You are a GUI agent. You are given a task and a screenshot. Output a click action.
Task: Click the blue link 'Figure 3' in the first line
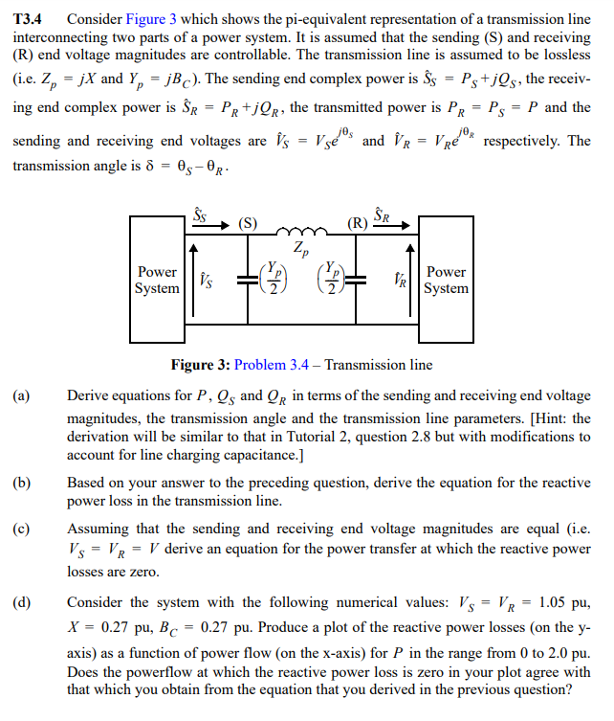click(x=151, y=18)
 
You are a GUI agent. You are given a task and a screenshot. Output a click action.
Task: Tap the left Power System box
click(x=158, y=280)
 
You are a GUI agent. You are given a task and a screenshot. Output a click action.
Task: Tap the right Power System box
click(x=446, y=280)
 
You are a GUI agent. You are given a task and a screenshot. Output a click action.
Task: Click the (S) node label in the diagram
click(x=248, y=224)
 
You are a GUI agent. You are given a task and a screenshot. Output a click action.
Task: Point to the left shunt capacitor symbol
click(x=246, y=280)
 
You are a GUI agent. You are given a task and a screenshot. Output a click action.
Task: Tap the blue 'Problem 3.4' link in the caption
click(x=274, y=365)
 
